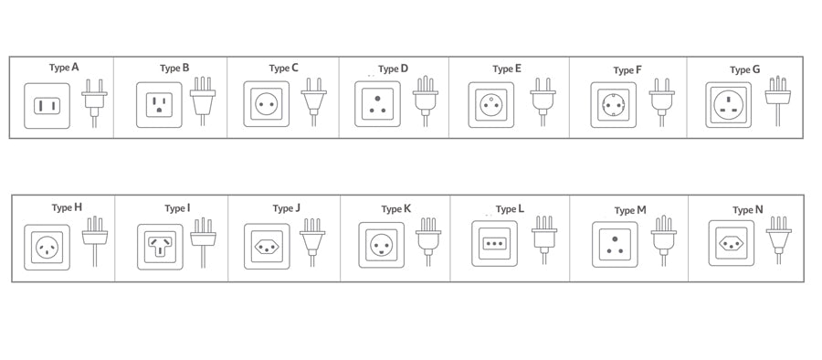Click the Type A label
tap(64, 67)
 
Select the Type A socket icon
tap(46, 106)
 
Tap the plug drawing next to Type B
tap(202, 100)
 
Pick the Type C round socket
tap(266, 104)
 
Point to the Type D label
tap(394, 69)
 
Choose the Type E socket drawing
tap(491, 105)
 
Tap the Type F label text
tap(627, 69)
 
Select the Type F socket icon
tap(613, 105)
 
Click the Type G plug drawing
tap(777, 97)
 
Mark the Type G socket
tap(728, 105)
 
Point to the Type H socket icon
tap(47, 247)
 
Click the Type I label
tap(177, 207)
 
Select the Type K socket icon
tap(381, 245)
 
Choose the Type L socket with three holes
tap(494, 244)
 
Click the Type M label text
tap(630, 210)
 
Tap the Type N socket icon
tap(732, 242)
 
